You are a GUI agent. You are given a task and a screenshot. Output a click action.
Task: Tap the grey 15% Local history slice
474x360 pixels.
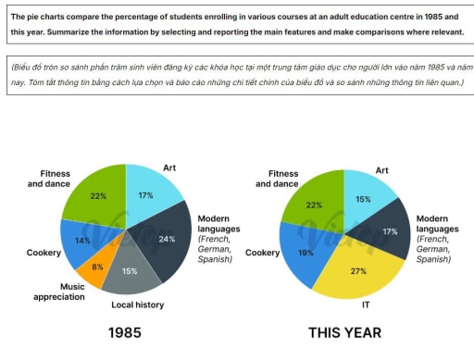(x=129, y=271)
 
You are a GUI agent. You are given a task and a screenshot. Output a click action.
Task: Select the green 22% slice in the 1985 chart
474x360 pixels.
(x=97, y=197)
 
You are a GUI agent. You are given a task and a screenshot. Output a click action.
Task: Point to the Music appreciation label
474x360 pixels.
(x=58, y=292)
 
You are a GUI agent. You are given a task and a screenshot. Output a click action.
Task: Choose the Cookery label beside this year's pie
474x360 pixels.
(x=262, y=252)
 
